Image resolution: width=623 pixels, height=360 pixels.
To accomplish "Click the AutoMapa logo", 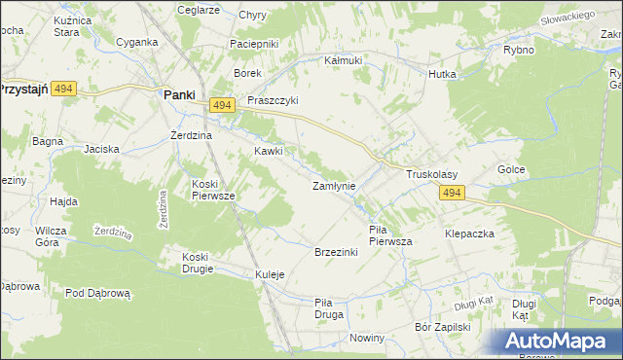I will point(561,342).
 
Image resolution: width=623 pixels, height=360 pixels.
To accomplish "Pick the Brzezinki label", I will point(336,252).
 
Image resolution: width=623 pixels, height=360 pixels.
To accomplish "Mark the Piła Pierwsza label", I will point(390,235).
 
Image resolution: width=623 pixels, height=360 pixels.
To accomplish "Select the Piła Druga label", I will point(329,308).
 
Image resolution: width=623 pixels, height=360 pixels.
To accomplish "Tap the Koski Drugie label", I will point(202,263).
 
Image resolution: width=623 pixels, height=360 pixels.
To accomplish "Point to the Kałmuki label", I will point(343,59).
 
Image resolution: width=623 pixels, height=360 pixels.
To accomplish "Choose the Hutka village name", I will point(443,73).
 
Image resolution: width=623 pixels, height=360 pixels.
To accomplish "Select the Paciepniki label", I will point(254,44).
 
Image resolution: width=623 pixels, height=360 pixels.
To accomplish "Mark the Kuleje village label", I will point(270,274).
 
